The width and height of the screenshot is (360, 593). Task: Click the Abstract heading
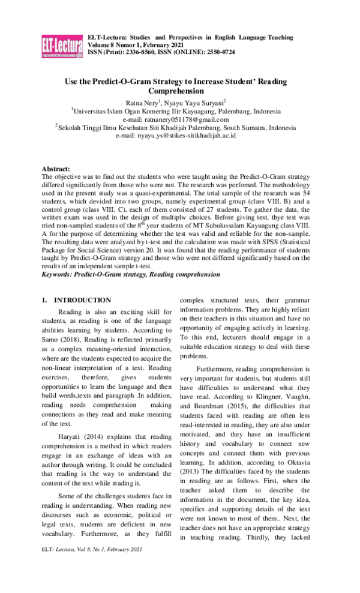[x=56, y=169]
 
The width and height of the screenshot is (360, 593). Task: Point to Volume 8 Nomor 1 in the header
[x=117, y=44]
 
